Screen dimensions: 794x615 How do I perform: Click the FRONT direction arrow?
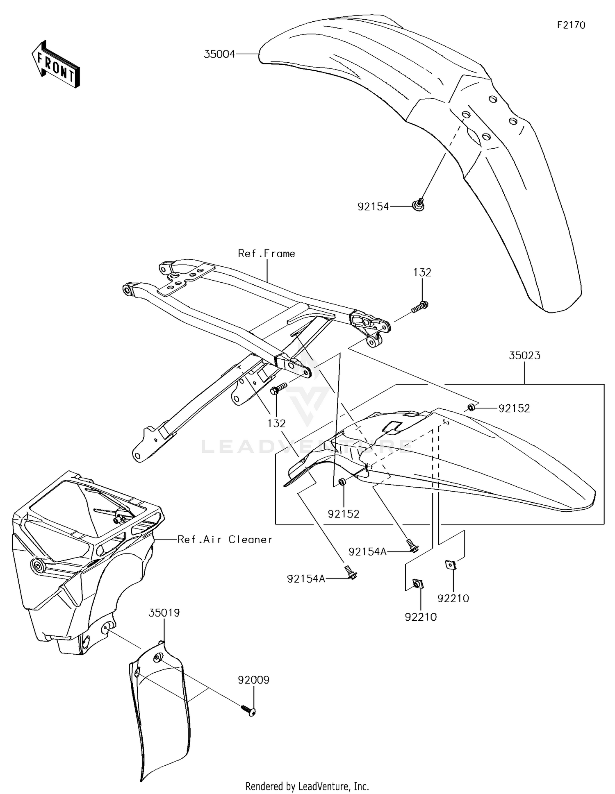point(56,65)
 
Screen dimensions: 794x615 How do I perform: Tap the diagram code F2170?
point(571,25)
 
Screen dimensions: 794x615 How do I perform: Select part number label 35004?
point(219,54)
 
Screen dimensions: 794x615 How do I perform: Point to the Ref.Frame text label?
point(266,254)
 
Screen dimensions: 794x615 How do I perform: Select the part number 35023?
point(524,356)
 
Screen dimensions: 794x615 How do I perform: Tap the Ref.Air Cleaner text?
point(225,540)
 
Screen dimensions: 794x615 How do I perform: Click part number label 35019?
point(164,613)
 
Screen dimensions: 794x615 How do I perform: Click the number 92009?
point(253,680)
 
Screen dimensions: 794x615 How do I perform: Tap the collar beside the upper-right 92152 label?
point(471,407)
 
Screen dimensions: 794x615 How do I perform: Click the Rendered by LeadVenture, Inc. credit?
point(307,786)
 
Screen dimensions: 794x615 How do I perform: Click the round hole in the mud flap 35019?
point(157,658)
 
